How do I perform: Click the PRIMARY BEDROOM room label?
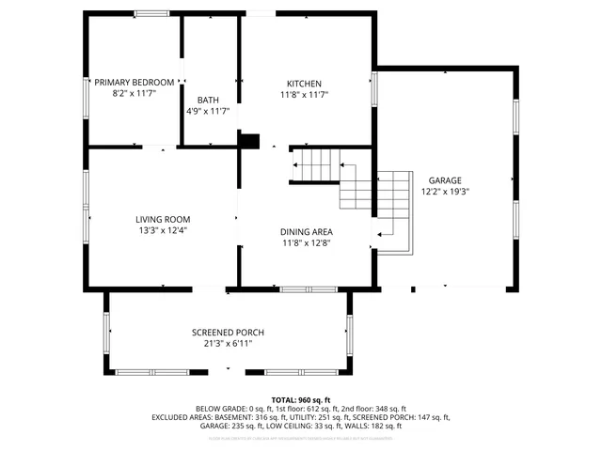point(135,83)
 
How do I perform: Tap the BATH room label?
point(208,101)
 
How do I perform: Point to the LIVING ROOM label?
point(163,219)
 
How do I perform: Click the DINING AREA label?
point(306,231)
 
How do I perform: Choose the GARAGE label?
point(445,179)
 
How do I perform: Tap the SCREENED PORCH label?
point(228,333)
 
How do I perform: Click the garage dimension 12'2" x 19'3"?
point(445,191)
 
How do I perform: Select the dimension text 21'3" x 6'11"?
point(228,344)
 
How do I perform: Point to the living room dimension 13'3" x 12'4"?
point(163,230)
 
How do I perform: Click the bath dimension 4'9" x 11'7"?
point(208,112)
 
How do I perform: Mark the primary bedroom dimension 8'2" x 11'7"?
point(135,94)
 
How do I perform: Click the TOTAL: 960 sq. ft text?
point(301,399)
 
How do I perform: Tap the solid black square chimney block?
point(248,141)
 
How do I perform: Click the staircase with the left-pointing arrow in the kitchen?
point(315,164)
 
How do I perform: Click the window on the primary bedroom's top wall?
point(150,13)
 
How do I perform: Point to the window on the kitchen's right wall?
point(374,88)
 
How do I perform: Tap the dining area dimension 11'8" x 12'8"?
point(306,242)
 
